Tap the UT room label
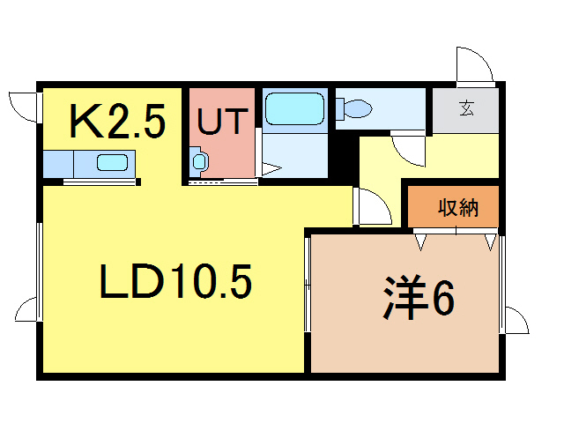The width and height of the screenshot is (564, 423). [x=221, y=122]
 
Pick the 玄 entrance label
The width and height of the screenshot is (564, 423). [x=465, y=109]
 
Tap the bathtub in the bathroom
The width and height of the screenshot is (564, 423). [x=294, y=110]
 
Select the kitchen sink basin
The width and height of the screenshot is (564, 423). [x=113, y=163]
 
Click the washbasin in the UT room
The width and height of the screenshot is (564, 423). [x=199, y=161]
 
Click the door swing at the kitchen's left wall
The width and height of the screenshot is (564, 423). [x=23, y=106]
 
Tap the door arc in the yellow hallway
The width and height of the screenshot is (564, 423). [x=410, y=148]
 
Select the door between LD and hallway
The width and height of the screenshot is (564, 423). [x=372, y=208]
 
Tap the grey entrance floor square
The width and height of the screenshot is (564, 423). [x=465, y=109]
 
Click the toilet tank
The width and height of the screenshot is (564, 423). [x=340, y=109]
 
